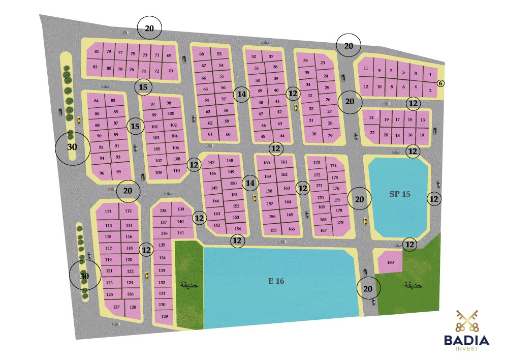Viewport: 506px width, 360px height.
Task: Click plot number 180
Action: tap(390, 262)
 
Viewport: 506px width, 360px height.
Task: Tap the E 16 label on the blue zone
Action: tap(276, 281)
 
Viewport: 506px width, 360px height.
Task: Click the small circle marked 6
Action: tap(440, 83)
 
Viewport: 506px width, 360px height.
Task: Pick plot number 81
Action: tap(96, 52)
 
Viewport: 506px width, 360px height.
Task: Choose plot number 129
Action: tap(164, 316)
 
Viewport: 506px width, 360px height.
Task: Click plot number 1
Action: tap(430, 75)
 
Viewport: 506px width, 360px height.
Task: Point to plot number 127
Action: tap(116, 307)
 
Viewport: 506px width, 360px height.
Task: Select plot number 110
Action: tap(176, 171)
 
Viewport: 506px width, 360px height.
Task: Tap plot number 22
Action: tap(372, 133)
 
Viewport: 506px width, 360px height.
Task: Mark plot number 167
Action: tap(323, 230)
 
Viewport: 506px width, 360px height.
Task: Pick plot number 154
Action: tap(238, 229)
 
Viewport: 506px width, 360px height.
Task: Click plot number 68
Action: tap(201, 54)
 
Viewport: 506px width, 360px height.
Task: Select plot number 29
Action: tap(330, 136)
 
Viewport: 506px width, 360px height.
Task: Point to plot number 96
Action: tap(102, 173)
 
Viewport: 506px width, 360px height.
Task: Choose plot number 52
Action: tap(254, 56)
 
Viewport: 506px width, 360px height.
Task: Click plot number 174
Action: tap(334, 166)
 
